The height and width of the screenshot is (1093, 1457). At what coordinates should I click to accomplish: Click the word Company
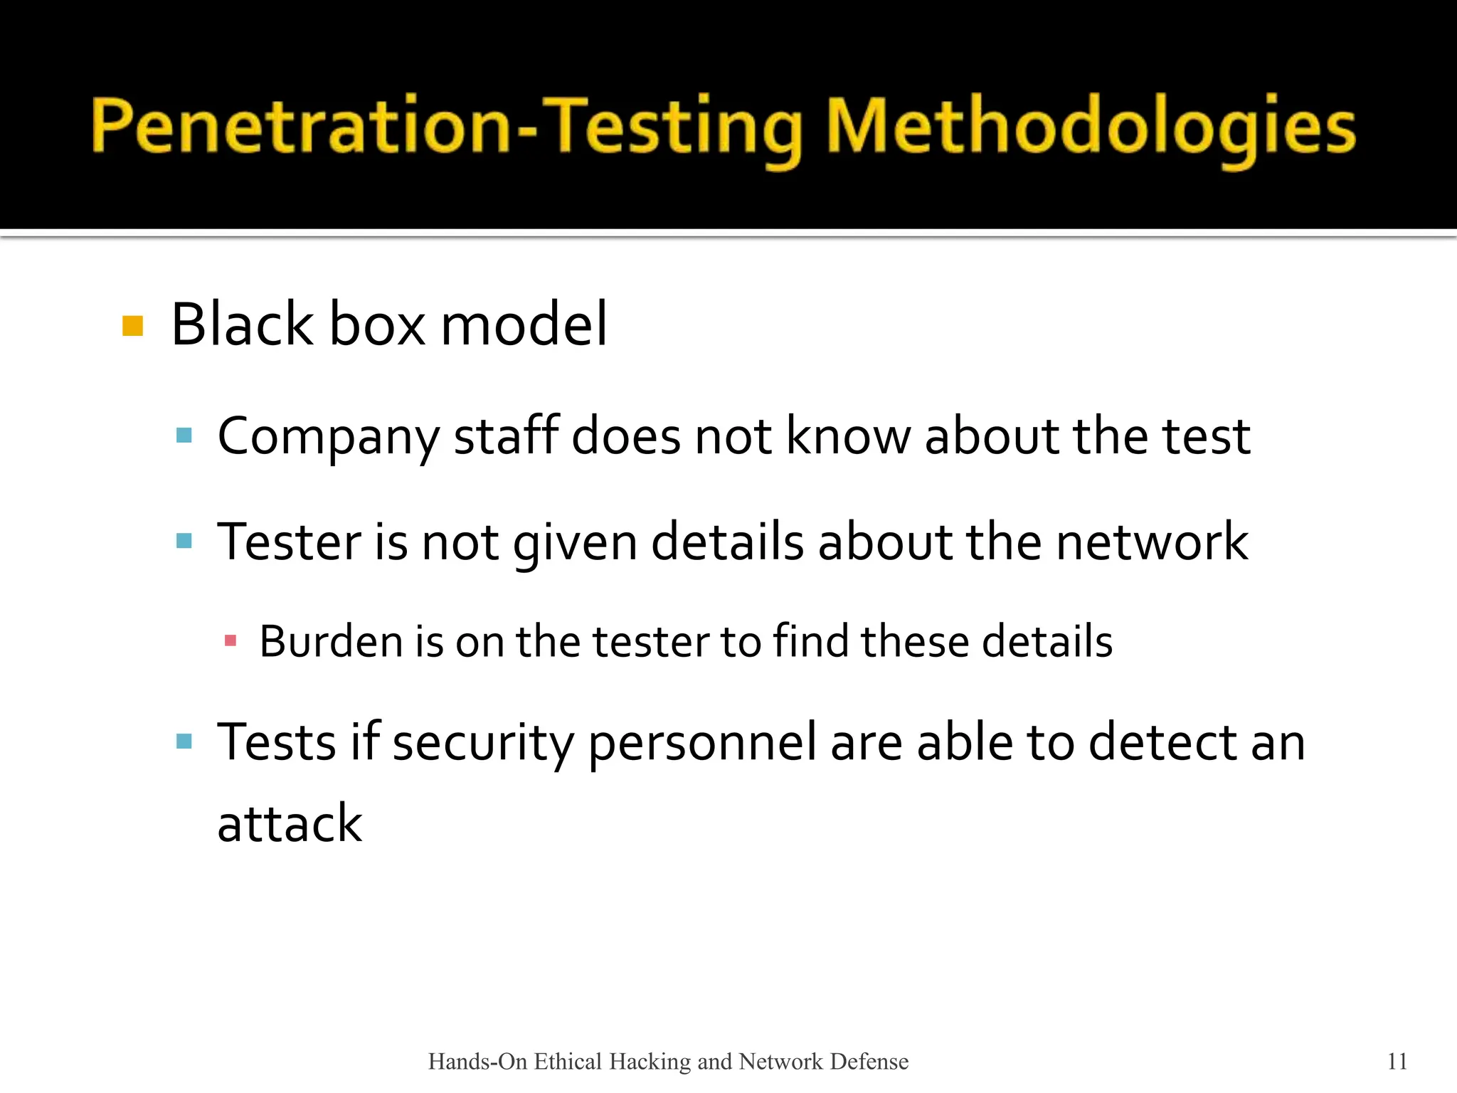click(328, 437)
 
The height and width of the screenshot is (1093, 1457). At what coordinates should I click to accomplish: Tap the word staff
click(506, 435)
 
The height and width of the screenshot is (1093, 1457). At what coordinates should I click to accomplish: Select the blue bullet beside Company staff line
click(184, 435)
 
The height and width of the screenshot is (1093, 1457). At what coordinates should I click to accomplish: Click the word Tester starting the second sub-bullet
click(287, 542)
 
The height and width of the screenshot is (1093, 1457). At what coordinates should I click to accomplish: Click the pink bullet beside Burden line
click(230, 640)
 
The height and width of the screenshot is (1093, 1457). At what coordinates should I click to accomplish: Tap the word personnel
click(702, 743)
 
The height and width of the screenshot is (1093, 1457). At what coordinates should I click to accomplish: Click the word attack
click(290, 823)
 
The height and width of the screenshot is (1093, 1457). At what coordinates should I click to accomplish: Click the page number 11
click(1397, 1061)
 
